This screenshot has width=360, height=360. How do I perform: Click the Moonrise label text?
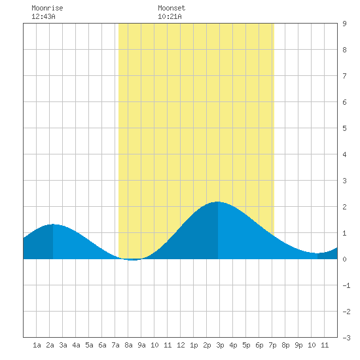(47, 8)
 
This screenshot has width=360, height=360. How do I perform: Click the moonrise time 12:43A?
(43, 16)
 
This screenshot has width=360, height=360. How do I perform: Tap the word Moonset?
(171, 8)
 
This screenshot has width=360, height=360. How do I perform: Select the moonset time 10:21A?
(170, 16)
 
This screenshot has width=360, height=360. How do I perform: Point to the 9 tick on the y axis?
(344, 24)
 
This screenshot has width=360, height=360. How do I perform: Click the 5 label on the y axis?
(344, 128)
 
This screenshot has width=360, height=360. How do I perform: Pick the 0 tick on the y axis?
(344, 259)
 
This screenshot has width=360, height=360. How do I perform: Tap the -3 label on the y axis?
(346, 338)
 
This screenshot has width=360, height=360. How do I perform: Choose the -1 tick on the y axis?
(346, 285)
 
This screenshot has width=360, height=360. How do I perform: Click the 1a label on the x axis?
(37, 345)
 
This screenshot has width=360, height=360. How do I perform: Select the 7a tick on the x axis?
(115, 345)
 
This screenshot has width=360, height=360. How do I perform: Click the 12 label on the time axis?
(181, 345)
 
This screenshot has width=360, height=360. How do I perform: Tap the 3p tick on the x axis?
(220, 345)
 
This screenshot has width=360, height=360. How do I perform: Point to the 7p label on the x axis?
(272, 345)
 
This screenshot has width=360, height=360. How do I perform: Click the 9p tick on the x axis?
(298, 345)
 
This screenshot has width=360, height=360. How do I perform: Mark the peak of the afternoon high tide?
(218, 202)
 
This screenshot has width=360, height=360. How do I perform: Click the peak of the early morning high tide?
(53, 225)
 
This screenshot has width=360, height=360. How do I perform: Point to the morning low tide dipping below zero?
(133, 260)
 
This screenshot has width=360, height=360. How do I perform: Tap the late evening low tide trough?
(317, 253)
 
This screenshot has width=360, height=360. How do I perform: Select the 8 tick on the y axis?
(344, 50)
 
